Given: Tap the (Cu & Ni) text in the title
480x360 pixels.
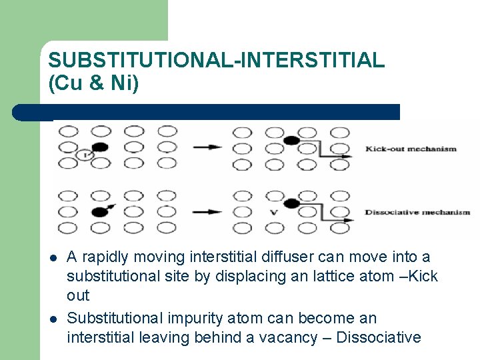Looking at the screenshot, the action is point(93,83).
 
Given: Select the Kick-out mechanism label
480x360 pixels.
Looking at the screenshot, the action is point(411,149).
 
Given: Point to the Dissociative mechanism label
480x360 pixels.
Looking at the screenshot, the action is point(417,213).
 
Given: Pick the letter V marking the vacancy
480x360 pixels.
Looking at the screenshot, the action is point(273,213).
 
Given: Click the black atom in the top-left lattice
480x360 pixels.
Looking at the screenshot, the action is point(100,147).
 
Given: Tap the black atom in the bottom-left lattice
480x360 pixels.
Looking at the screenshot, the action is point(100,212).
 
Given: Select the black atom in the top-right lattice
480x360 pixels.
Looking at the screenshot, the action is point(291,140).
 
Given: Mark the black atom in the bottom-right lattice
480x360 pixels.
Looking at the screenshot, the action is point(291,204).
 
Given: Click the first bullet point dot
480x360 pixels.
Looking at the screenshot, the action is point(51,258).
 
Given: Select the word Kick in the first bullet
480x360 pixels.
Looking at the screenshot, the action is point(423,277).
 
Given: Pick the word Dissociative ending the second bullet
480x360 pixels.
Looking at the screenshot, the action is point(378,338).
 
